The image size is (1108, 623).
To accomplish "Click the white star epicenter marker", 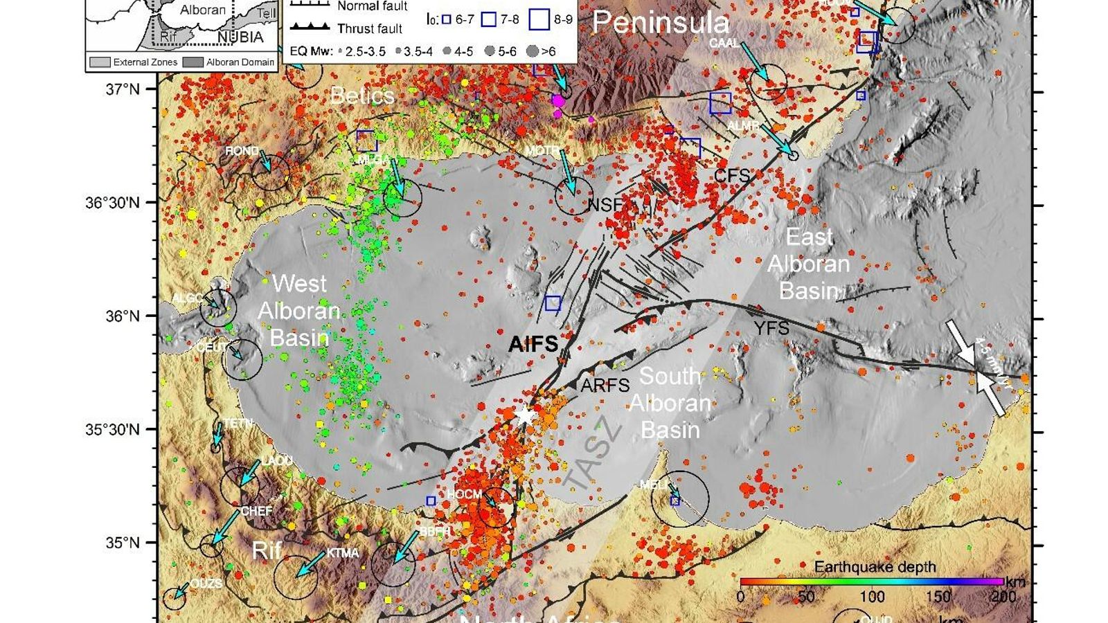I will (525, 415).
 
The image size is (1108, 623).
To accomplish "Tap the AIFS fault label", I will (533, 344).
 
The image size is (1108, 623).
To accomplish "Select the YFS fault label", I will (771, 328).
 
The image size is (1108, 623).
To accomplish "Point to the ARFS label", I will (605, 386).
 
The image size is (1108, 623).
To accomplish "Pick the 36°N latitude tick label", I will (122, 316).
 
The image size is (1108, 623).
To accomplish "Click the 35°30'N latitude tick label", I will (112, 430).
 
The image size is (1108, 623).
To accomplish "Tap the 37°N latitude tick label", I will (122, 89).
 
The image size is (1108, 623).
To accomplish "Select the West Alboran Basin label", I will (299, 310).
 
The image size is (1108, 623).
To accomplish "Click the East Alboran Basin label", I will (808, 264).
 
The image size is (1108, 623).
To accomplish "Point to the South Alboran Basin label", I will (670, 403).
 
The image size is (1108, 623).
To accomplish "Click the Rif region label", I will (267, 550).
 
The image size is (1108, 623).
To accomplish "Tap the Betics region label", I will (361, 96).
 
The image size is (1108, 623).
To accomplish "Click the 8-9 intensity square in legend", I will (539, 19).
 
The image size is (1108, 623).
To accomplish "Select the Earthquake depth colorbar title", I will (875, 567).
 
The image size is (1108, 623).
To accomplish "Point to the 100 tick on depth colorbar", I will (872, 597).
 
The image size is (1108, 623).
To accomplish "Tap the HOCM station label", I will (464, 494).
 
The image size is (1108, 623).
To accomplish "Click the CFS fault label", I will (732, 175).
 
